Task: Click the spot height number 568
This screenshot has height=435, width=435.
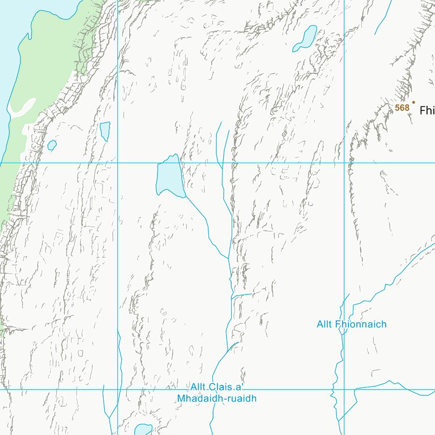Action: (402, 108)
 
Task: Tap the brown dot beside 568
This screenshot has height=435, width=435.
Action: (413, 103)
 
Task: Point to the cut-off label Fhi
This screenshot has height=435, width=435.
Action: (427, 111)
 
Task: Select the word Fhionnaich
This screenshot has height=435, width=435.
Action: (361, 325)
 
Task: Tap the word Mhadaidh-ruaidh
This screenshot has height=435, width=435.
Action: (217, 399)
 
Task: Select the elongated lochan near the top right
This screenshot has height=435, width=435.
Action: (306, 39)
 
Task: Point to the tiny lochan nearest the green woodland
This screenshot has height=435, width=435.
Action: (52, 146)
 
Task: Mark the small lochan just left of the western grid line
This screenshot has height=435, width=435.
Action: (105, 131)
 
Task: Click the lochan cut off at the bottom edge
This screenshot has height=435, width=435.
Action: (143, 429)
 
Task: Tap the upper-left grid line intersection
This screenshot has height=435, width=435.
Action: (117, 163)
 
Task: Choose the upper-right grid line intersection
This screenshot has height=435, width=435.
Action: (344, 163)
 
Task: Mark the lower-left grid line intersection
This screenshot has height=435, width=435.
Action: (117, 389)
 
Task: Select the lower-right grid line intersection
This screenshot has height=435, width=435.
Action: (344, 389)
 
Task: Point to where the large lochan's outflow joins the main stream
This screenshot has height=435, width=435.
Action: (228, 259)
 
